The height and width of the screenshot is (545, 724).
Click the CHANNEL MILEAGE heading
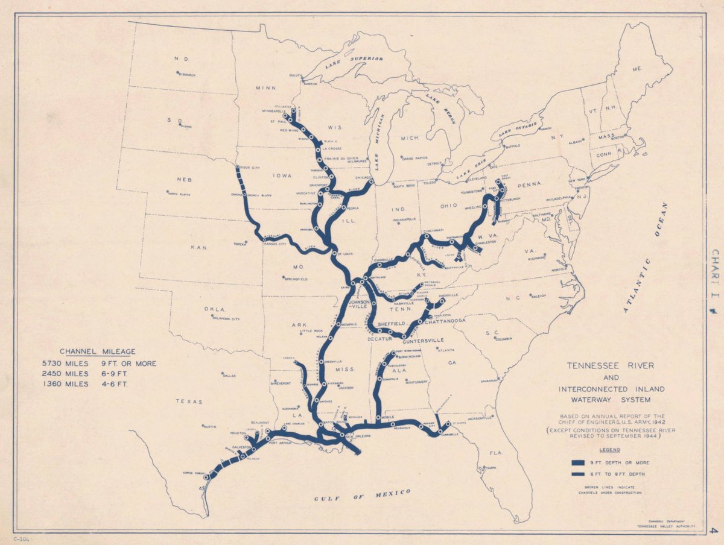[x=97, y=351]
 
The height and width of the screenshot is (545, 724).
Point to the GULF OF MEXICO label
[x=362, y=496]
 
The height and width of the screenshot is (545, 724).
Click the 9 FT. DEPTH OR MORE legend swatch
[x=579, y=462]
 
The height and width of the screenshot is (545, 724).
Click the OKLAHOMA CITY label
[x=226, y=319]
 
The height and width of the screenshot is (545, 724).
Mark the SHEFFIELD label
[x=392, y=324]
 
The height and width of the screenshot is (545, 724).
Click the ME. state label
[x=637, y=69]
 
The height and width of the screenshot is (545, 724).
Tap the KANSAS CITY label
[x=274, y=244]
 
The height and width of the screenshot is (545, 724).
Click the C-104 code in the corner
[x=22, y=538]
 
